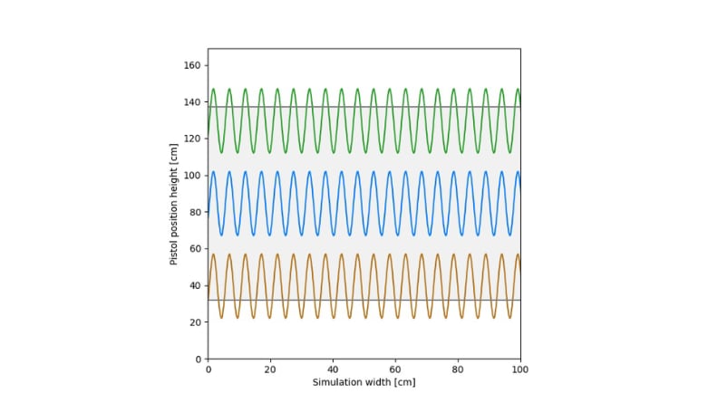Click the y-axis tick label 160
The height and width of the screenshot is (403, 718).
pyautogui.click(x=192, y=65)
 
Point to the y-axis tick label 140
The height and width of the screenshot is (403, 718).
pyautogui.click(x=192, y=101)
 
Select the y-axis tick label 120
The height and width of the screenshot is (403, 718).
pyautogui.click(x=192, y=139)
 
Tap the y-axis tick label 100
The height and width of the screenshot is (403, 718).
pyautogui.click(x=192, y=176)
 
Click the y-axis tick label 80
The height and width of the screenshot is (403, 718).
pyautogui.click(x=195, y=212)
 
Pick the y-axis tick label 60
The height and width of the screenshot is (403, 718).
pyautogui.click(x=195, y=249)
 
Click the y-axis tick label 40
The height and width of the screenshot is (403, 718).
pyautogui.click(x=195, y=285)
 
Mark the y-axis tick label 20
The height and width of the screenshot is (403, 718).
pyautogui.click(x=195, y=322)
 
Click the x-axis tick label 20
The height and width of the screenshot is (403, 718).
pyautogui.click(x=270, y=369)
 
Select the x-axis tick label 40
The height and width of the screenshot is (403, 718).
pyautogui.click(x=333, y=369)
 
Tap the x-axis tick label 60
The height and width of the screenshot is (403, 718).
pyautogui.click(x=395, y=369)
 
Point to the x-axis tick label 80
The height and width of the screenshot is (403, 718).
pyautogui.click(x=458, y=369)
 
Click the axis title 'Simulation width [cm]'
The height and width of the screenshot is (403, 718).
pyautogui.click(x=364, y=382)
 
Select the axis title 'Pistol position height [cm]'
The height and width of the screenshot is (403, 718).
pyautogui.click(x=174, y=204)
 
